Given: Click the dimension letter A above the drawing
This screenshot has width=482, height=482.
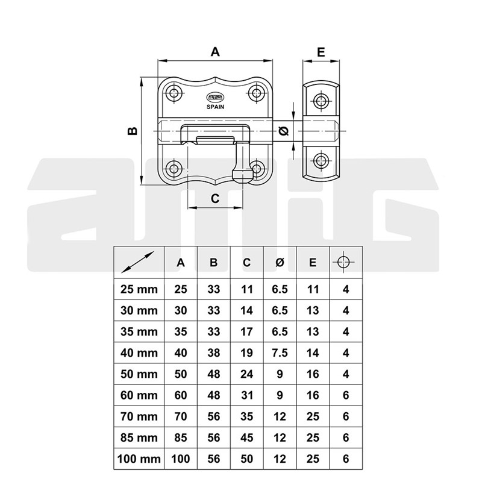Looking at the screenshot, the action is coord(215,52).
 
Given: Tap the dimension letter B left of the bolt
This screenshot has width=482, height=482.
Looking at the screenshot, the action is coord(133,131).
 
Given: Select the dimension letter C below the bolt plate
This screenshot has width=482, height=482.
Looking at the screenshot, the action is coord(215,199).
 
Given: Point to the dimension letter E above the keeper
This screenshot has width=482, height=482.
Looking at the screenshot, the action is coord(321,52).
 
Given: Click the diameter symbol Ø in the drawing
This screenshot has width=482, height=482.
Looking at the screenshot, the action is coord(284,131).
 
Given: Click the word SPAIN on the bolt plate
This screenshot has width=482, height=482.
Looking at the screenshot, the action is coord(215,107).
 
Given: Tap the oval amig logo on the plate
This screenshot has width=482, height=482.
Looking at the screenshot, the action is coord(215,98).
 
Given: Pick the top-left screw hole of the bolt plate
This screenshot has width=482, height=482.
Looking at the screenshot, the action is coord(175,92).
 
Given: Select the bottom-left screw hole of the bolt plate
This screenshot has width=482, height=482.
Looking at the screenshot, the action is coord(175,169).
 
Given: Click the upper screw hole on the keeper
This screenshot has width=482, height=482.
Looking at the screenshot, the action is coord(321,100).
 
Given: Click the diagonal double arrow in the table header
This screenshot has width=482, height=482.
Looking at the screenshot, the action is coord(138,262).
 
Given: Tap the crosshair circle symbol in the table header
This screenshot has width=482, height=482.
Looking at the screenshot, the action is coord(343,262).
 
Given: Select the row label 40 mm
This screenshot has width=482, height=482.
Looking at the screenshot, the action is coord(139,353).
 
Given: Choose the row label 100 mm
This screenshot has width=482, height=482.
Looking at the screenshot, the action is coord(139,459).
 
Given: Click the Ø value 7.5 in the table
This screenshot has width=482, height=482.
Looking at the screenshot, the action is coord(280,353).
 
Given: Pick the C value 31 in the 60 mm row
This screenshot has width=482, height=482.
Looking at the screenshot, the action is coord(246,395).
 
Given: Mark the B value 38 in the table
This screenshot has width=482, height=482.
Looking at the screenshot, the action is coord(214,353).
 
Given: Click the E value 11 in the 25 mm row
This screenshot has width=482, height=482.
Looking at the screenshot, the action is coord(313,289).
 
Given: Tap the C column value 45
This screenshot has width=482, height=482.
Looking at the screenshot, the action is coord(246,438).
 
